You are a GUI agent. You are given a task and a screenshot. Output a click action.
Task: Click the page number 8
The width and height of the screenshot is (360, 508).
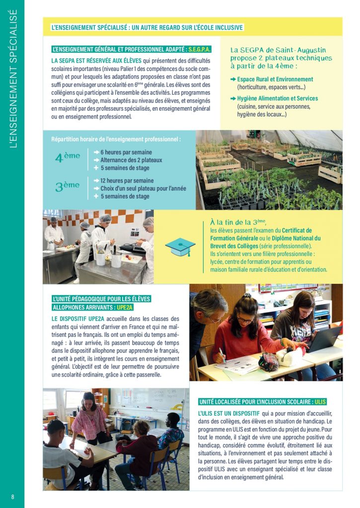[x=13, y=497]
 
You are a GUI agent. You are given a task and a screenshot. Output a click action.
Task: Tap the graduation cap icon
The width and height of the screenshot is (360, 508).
[x=180, y=247]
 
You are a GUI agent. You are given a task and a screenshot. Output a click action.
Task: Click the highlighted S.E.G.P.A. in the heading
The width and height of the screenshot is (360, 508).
[x=199, y=49]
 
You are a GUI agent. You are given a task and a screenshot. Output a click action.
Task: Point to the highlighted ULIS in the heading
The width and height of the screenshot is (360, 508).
[x=320, y=401]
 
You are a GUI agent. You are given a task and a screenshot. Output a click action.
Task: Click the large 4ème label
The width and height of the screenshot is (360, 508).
[x=68, y=157]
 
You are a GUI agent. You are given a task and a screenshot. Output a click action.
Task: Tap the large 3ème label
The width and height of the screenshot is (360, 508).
[x=68, y=187]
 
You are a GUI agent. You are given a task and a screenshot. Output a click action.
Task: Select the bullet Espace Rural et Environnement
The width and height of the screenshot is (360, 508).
[x=275, y=79]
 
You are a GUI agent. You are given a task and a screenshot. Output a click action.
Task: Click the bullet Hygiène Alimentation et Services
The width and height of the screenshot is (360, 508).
[x=277, y=98]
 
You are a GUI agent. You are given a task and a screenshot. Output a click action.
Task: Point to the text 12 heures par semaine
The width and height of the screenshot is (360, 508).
[x=127, y=181]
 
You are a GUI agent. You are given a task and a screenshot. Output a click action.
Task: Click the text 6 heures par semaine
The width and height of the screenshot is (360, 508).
[x=126, y=152]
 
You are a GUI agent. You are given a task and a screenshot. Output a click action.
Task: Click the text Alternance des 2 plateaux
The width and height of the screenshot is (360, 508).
[x=131, y=160]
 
